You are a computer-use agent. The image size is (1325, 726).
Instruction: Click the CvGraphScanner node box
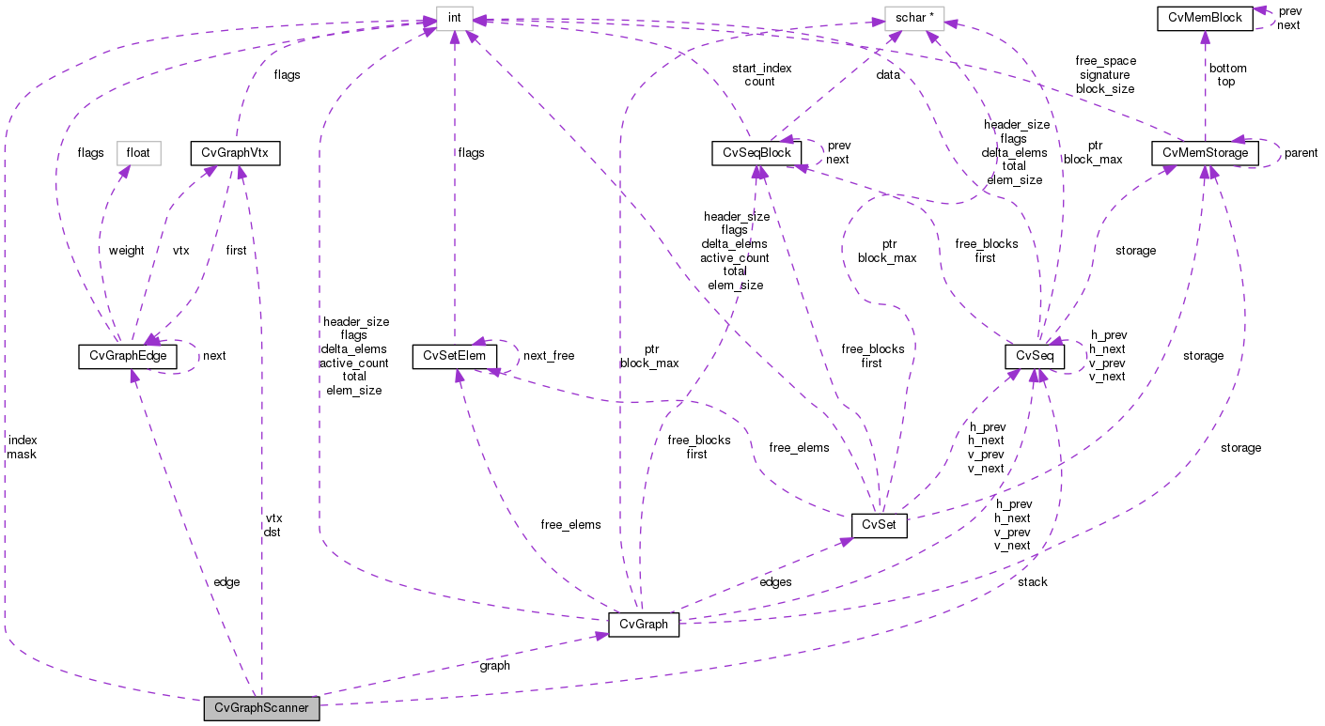[x=261, y=708]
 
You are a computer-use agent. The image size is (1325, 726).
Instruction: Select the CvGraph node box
[x=643, y=625]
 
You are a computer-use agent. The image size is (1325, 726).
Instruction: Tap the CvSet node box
[x=878, y=525]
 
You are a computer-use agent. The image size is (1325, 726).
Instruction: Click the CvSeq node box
[x=1034, y=357]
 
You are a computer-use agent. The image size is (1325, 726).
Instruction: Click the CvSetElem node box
[x=454, y=356]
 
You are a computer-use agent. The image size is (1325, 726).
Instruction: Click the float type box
[x=139, y=152]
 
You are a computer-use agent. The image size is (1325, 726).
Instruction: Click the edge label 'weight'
[x=126, y=251]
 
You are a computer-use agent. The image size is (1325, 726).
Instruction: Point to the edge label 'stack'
[x=1032, y=582]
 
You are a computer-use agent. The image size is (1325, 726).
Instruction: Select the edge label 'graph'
[x=494, y=666]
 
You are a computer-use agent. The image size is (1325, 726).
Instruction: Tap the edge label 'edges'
[x=774, y=582]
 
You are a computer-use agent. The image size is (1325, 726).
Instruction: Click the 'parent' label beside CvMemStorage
[x=1301, y=153]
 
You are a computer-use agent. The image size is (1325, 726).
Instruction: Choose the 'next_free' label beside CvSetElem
[x=548, y=356]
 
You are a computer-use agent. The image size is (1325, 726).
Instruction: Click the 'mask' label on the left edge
[x=22, y=454]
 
